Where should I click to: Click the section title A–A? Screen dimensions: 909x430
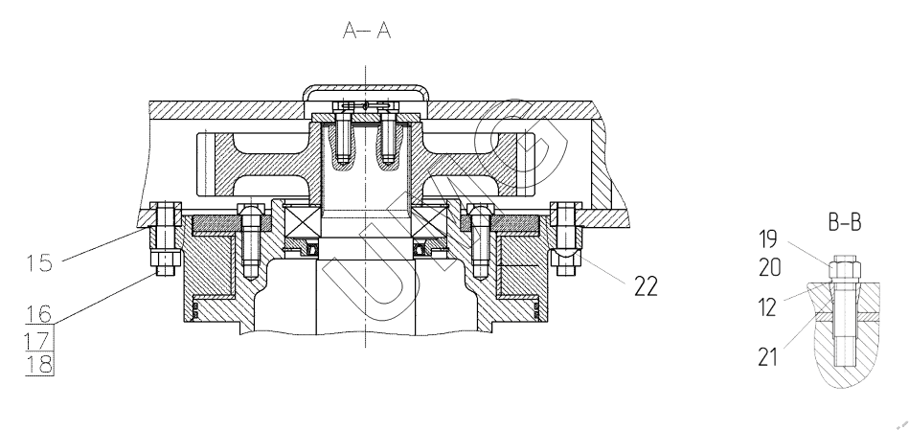click(367, 30)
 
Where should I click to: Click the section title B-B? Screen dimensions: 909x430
click(845, 222)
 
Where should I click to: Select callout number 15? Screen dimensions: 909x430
click(39, 263)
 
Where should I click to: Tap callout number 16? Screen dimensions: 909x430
click(39, 314)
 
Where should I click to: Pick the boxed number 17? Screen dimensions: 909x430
click(39, 339)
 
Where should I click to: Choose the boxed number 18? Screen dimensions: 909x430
click(39, 364)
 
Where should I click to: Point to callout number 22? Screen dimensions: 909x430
click(646, 286)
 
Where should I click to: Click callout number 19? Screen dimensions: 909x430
click(769, 238)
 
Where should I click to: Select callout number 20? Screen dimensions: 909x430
click(770, 268)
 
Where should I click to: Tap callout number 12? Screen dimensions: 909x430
click(767, 307)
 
